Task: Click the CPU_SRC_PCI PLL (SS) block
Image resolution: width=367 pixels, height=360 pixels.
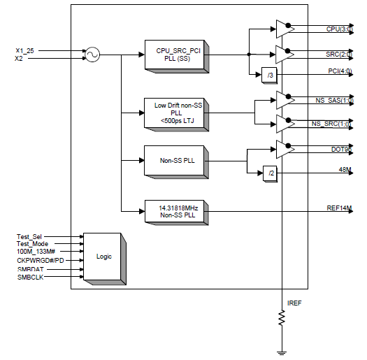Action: click(176, 54)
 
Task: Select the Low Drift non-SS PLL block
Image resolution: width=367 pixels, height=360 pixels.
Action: click(176, 111)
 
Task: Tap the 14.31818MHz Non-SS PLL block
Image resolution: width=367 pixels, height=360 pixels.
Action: click(176, 210)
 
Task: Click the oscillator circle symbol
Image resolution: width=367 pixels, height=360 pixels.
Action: click(92, 54)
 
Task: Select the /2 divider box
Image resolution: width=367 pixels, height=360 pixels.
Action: click(268, 173)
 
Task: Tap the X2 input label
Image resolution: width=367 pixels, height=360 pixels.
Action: click(19, 59)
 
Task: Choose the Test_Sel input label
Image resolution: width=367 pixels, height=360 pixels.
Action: click(30, 237)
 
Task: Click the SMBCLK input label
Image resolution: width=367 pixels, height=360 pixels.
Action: click(30, 278)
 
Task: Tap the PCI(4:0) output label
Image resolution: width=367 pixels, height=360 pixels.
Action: click(340, 72)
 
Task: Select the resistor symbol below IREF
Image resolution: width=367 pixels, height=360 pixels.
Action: click(282, 318)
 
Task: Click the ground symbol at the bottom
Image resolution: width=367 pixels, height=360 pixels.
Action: click(282, 351)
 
